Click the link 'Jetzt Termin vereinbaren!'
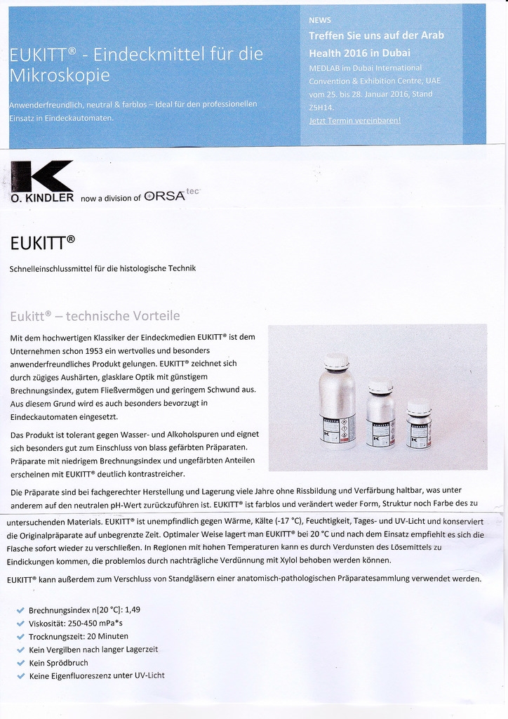(355, 121)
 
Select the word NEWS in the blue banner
(320, 20)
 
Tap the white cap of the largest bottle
(337, 362)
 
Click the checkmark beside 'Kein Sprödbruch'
(20, 663)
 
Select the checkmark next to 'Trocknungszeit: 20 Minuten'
(20, 636)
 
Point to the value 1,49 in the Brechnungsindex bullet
(132, 609)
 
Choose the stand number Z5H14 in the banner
(321, 107)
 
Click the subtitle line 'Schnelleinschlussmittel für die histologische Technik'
(102, 268)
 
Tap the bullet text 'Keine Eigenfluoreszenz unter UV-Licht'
(97, 676)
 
